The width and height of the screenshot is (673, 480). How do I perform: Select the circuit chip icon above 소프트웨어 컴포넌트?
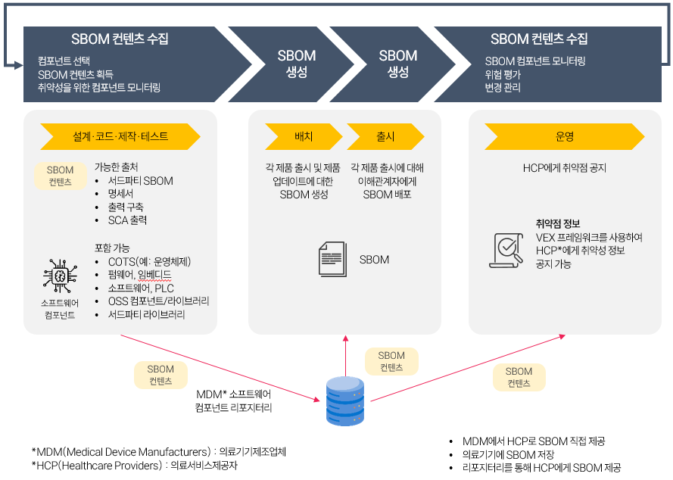(x=59, y=276)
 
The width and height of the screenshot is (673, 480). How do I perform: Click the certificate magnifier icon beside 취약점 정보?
(x=507, y=251)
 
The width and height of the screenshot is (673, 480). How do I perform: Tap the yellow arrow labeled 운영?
(x=564, y=137)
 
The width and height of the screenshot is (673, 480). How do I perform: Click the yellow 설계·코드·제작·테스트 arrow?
(x=120, y=137)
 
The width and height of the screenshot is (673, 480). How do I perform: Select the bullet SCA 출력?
(x=127, y=220)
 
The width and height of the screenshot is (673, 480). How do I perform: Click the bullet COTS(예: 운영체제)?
(x=149, y=261)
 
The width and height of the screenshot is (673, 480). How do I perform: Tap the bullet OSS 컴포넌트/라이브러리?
(x=158, y=301)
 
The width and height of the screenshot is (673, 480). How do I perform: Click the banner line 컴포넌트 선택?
(x=64, y=61)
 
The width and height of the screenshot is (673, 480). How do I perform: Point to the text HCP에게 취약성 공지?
(x=564, y=168)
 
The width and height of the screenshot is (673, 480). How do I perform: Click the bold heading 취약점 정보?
(x=558, y=223)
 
